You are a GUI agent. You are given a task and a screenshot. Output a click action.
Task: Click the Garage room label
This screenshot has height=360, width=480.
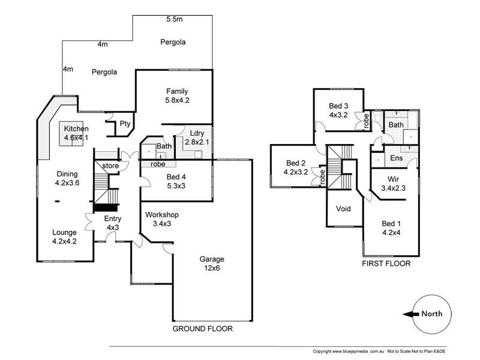click(212, 259)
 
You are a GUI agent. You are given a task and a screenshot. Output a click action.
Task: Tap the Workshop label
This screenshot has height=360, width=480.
click(162, 215)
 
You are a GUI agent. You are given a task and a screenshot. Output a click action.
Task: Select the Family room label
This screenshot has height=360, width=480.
click(178, 91)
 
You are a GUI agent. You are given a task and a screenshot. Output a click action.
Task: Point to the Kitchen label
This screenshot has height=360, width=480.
click(76, 129)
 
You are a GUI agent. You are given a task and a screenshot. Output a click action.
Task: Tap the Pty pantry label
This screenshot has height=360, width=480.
click(125, 124)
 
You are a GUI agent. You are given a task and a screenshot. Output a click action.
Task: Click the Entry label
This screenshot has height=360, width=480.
click(112, 219)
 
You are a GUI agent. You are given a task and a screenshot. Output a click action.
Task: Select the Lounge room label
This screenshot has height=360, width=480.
click(64, 233)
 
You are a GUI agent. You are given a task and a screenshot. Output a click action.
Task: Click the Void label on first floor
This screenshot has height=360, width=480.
click(343, 209)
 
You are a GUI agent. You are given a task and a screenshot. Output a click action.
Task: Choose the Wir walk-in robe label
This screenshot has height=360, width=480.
click(393, 179)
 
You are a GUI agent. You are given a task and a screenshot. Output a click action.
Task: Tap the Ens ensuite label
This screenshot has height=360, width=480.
click(396, 158)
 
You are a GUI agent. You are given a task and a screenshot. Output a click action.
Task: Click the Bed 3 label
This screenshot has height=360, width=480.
click(338, 105)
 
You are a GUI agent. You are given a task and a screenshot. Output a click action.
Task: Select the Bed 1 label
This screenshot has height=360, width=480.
click(391, 224)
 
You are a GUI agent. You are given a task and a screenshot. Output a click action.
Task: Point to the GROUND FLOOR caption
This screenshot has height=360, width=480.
click(202, 329)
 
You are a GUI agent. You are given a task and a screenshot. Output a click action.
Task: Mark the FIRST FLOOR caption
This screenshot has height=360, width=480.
click(384, 263)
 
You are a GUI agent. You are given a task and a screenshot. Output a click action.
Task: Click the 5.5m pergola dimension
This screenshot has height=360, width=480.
click(175, 20)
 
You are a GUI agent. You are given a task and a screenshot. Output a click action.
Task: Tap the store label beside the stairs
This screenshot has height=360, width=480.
click(110, 165)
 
